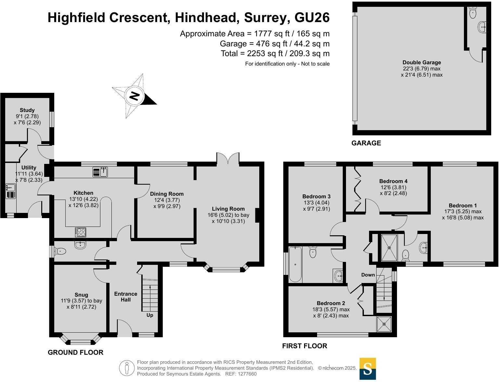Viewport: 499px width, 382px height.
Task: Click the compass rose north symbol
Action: tap(134, 96)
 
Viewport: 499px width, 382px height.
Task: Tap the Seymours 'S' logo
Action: tap(367, 369)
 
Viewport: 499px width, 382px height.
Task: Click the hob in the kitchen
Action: tap(81, 232)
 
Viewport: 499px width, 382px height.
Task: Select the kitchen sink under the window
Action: tap(100, 172)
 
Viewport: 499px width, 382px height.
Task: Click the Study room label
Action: tap(27, 110)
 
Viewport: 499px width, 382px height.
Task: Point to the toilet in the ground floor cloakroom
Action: tap(60, 251)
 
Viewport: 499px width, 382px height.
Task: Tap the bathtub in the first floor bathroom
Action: tap(295, 264)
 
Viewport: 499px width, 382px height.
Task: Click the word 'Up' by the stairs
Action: tap(150, 315)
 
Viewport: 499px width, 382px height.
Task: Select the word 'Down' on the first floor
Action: tap(368, 275)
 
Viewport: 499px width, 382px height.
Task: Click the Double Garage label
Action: tap(422, 62)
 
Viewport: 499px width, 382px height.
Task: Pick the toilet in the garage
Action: tap(473, 13)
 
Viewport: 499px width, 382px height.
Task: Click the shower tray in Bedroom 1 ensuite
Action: tap(389, 247)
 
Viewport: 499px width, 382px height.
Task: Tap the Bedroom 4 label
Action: tap(393, 181)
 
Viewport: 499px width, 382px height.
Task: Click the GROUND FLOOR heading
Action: tap(75, 352)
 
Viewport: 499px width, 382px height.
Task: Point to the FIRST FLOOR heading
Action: tap(304, 346)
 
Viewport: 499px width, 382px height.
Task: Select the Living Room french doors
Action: tap(228, 159)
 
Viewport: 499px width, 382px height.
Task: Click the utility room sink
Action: tap(10, 188)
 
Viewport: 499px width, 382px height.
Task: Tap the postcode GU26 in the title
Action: tap(312, 18)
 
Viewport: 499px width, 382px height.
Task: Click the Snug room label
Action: tap(81, 295)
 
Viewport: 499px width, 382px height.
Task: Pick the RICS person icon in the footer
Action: tap(127, 368)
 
